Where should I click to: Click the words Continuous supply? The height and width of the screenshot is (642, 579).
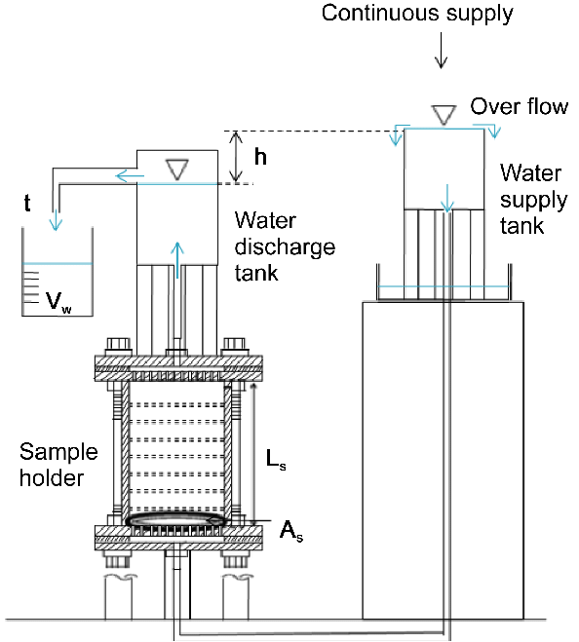point(417,14)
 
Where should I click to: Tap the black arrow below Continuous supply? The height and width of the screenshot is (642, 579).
point(441,50)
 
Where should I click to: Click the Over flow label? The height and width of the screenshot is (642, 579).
point(520,107)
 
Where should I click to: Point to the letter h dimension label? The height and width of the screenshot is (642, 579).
point(260,157)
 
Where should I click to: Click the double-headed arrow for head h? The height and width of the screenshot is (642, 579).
point(235,157)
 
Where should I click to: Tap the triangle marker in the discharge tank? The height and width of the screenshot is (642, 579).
point(177,170)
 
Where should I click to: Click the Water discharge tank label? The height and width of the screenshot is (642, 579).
point(286,246)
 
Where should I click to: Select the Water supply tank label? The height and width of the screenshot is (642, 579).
point(533,200)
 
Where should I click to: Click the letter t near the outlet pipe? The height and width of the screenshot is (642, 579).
point(27,203)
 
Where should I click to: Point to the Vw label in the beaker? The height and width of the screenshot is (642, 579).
point(58,302)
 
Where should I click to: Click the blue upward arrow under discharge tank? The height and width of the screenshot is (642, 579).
point(177,260)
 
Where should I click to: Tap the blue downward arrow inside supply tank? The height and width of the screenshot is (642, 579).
point(447,198)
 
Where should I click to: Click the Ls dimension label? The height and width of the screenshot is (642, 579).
point(276,459)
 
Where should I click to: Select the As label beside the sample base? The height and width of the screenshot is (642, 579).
point(291,531)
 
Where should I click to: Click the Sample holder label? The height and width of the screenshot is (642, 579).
point(58,465)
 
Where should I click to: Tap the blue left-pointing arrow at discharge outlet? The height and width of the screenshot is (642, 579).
point(130,176)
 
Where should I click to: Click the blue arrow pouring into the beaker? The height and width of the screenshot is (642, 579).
point(56,220)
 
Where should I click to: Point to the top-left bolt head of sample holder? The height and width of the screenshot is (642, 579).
point(119,347)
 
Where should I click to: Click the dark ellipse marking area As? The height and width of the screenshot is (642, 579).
point(177,519)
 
